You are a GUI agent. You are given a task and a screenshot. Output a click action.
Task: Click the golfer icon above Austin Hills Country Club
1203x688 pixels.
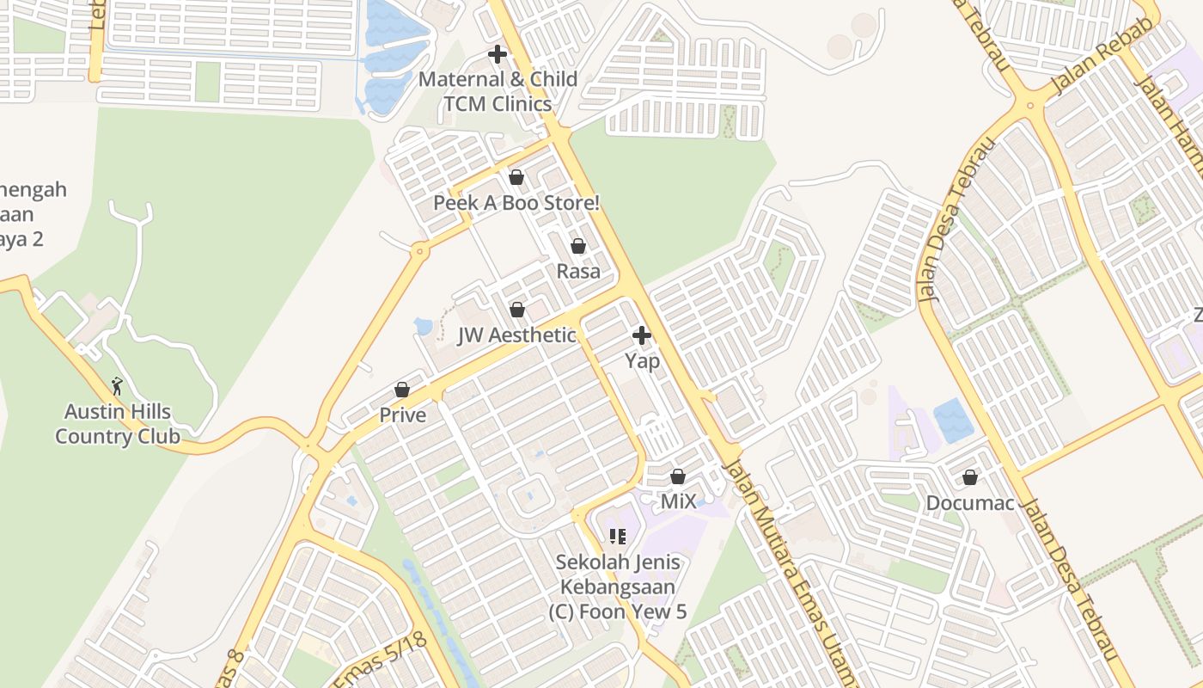click(x=118, y=385)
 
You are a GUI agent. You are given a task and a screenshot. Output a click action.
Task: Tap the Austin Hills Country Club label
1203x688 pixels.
click(x=118, y=424)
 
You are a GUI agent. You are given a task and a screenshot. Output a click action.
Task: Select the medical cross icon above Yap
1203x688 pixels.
click(x=642, y=335)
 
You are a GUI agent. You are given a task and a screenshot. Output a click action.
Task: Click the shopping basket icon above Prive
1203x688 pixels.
click(x=402, y=390)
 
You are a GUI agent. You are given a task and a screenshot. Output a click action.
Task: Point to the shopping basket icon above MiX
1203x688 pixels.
click(x=678, y=476)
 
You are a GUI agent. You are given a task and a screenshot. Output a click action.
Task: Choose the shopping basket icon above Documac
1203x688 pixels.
click(x=970, y=476)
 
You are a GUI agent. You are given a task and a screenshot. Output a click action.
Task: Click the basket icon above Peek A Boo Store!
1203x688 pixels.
click(x=516, y=177)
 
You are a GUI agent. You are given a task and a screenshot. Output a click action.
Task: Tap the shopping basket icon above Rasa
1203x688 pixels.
click(x=578, y=246)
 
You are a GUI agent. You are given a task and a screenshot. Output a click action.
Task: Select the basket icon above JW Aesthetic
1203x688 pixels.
click(x=517, y=309)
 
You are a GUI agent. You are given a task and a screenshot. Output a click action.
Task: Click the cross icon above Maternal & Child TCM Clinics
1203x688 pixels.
click(x=497, y=54)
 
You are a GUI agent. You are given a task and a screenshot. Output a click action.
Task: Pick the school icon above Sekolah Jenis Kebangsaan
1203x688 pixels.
click(x=617, y=537)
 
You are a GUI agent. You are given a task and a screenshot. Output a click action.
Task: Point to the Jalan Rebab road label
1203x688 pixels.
click(x=1089, y=64)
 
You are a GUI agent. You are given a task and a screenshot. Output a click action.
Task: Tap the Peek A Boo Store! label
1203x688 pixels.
click(x=516, y=203)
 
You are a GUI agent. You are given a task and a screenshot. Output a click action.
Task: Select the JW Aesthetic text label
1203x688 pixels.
click(x=517, y=335)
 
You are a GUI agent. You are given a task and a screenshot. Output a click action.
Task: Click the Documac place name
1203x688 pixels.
click(x=970, y=503)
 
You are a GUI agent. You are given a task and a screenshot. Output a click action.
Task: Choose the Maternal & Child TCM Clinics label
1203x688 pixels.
click(x=498, y=91)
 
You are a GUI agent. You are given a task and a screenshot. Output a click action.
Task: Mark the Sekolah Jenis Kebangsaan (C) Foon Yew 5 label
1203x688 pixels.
click(x=618, y=587)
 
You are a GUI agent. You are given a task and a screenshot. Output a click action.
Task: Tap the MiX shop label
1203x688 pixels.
click(x=678, y=501)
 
